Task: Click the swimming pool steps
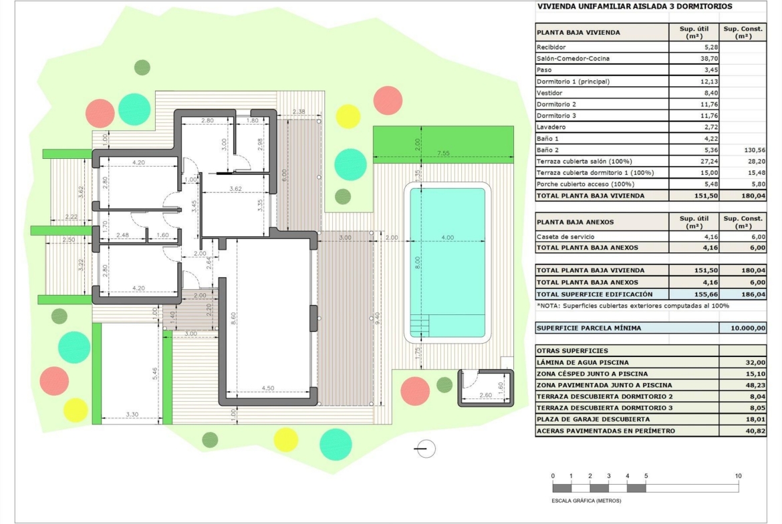420,326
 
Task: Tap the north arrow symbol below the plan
425,449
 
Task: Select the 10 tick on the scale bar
738,476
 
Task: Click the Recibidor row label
551,47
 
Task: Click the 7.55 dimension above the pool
443,153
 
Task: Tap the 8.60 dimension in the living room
233,319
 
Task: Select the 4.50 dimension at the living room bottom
268,388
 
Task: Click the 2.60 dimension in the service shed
485,395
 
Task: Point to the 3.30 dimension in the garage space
132,415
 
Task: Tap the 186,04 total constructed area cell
753,294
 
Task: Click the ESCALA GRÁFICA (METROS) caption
587,501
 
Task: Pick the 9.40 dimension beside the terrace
378,318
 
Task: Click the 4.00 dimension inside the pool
447,238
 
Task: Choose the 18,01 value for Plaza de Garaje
755,419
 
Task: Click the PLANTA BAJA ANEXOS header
575,222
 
